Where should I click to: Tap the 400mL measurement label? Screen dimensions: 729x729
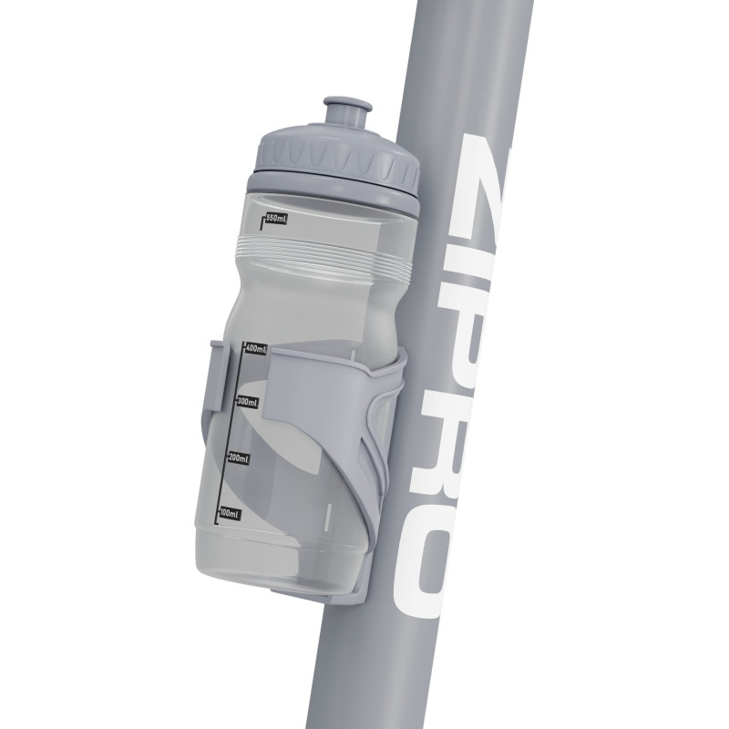click(256, 348)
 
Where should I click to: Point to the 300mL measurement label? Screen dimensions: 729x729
click(247, 402)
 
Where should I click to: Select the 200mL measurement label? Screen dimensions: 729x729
click(239, 458)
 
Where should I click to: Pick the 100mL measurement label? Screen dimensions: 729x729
click(230, 514)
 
